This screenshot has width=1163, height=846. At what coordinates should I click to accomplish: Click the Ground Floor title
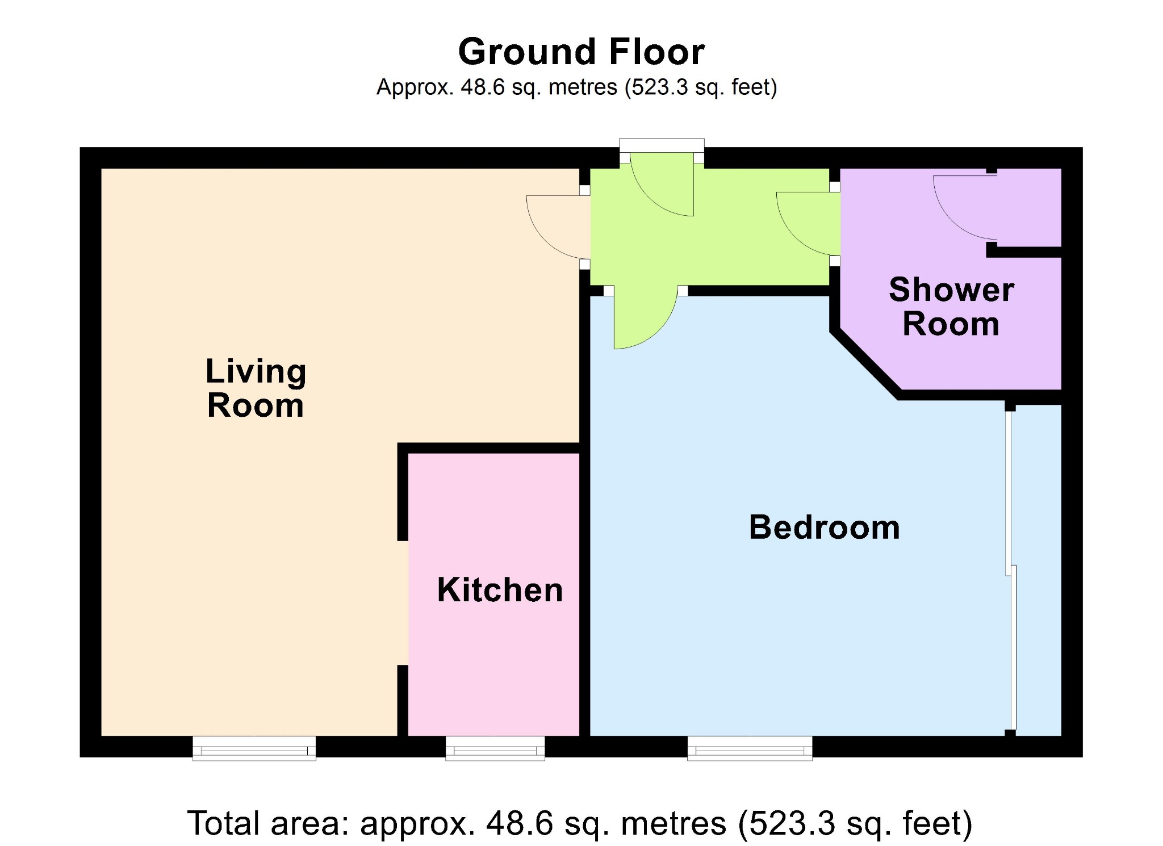pos(581,52)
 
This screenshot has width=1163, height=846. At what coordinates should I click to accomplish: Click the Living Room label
pos(256,388)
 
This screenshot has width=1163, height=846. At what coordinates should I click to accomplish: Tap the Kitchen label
pos(500,590)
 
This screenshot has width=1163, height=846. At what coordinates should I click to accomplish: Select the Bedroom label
pos(824,527)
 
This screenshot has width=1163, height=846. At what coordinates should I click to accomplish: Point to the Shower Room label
pos(951,307)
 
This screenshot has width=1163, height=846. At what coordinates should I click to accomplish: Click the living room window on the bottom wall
pos(254,749)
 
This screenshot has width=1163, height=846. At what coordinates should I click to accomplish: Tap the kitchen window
pos(495,749)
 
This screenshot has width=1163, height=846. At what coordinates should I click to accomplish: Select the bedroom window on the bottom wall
pos(750,749)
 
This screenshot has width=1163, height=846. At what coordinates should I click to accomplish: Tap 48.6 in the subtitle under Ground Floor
pos(482,87)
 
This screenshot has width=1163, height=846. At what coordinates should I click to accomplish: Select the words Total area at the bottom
pos(267,823)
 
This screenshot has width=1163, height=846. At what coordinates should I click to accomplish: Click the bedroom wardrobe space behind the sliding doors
pos(1038,568)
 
